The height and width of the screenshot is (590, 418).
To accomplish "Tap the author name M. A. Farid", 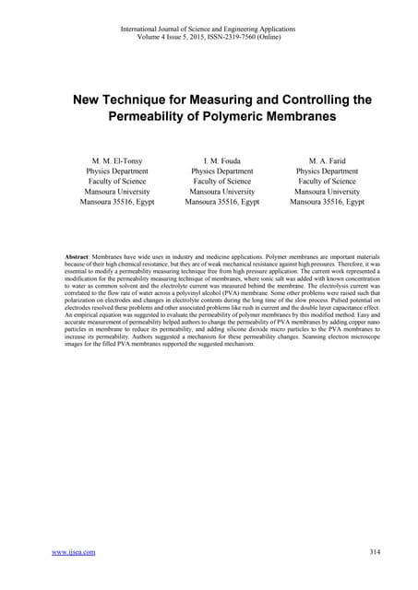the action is [x=327, y=159].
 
